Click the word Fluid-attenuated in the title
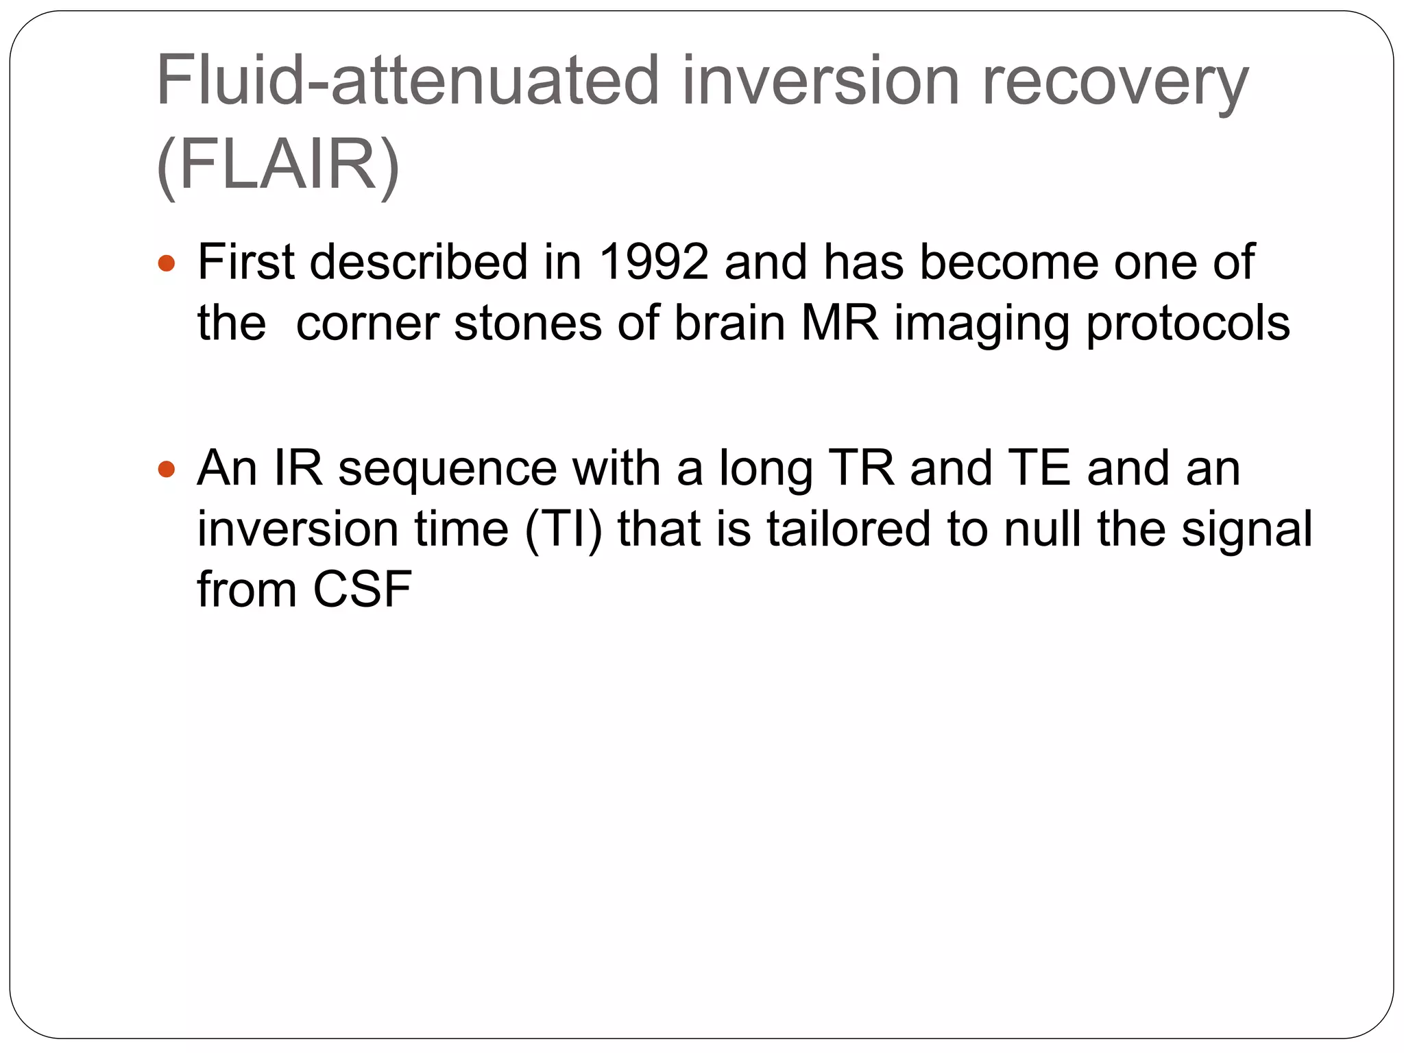[408, 80]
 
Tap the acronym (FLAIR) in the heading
[278, 165]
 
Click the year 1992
[653, 262]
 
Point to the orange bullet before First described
[167, 263]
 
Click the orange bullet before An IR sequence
[167, 470]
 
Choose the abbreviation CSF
[362, 590]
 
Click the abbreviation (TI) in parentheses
[563, 529]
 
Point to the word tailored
[849, 529]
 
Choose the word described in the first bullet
[419, 262]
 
